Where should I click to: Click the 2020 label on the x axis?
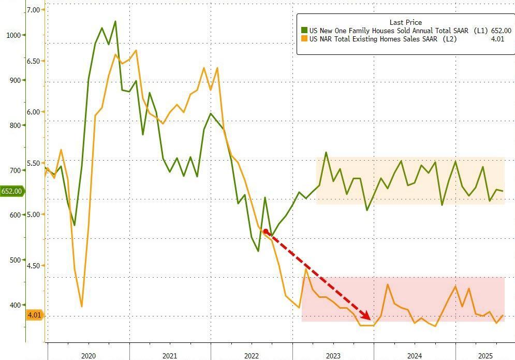pyautogui.click(x=88, y=356)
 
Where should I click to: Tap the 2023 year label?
pyautogui.click(x=333, y=356)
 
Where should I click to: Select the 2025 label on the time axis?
pyautogui.click(x=485, y=356)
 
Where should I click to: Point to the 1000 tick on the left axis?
pyautogui.click(x=14, y=35)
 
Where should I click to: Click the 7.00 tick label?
pyautogui.click(x=34, y=10)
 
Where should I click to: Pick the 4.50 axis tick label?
pyautogui.click(x=34, y=266)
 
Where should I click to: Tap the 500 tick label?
pyautogui.click(x=14, y=260)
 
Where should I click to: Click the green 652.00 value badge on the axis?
pyautogui.click(x=12, y=191)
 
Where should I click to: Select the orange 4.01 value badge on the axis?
pyautogui.click(x=34, y=315)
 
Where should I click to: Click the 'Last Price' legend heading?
pyautogui.click(x=405, y=22)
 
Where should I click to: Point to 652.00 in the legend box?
pyautogui.click(x=501, y=31)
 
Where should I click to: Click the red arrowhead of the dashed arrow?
pyautogui.click(x=366, y=316)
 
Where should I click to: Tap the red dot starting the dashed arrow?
pyautogui.click(x=266, y=232)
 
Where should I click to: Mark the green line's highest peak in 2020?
pyautogui.click(x=115, y=21)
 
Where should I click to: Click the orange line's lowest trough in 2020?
pyautogui.click(x=82, y=307)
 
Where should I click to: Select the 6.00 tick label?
pyautogui.click(x=34, y=112)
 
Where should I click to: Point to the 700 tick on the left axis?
pyautogui.click(x=14, y=170)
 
